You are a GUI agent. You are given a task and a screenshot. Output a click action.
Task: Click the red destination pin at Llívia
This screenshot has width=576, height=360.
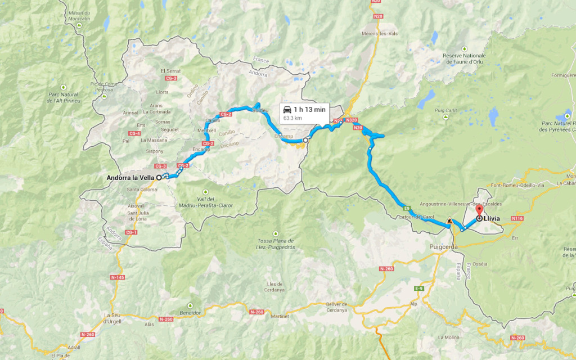point(479,210)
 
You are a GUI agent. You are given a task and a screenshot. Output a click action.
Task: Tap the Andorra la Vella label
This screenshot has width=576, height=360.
point(130,178)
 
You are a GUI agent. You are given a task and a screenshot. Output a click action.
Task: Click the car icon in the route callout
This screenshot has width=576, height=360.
point(287,109)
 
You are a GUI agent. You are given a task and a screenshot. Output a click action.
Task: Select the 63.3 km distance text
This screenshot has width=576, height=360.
point(292,119)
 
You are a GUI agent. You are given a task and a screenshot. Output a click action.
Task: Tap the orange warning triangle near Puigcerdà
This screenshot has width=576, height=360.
point(449,222)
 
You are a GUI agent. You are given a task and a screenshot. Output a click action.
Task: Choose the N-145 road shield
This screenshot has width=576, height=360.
point(118,277)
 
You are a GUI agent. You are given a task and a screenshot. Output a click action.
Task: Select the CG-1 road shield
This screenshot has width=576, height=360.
point(132,232)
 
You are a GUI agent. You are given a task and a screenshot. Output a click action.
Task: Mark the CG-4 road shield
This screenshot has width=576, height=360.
point(134,133)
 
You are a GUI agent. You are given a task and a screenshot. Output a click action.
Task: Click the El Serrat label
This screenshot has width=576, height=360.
point(170,71)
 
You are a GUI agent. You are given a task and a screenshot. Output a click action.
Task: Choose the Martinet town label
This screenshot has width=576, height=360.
point(280,316)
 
